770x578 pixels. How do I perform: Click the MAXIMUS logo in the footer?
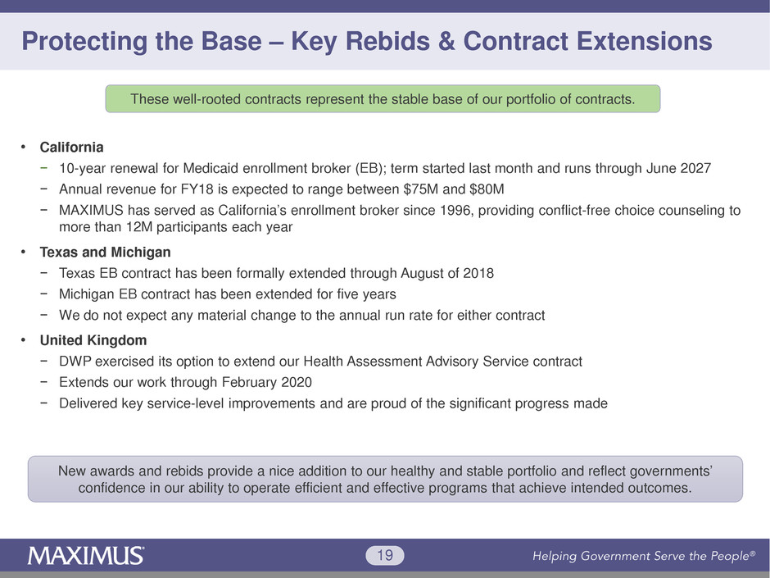[85, 555]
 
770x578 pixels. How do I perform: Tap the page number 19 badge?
[385, 555]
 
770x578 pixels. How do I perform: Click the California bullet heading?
[72, 148]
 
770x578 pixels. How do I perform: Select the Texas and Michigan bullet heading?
[105, 253]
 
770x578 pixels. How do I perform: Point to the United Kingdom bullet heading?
[93, 340]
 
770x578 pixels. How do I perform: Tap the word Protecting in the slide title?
[84, 42]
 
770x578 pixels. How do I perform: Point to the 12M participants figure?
[139, 227]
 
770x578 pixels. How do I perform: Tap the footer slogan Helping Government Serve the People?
[644, 556]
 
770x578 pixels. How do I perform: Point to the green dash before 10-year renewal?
[44, 167]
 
